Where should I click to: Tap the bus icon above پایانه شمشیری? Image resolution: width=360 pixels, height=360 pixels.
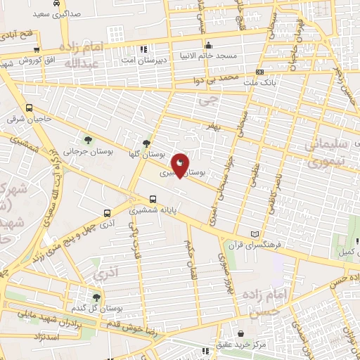pos(153,199)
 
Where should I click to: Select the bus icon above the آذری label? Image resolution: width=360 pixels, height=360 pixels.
pos(107,213)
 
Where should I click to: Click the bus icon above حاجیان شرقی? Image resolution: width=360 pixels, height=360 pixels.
pos(29,108)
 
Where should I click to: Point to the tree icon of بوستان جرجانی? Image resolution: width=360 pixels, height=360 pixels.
pos(88,139)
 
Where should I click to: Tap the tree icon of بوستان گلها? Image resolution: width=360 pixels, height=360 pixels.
pos(146,143)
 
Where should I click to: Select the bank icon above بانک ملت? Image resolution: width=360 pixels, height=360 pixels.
pos(260,72)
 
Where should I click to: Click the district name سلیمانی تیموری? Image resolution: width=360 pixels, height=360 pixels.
pos(328,154)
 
